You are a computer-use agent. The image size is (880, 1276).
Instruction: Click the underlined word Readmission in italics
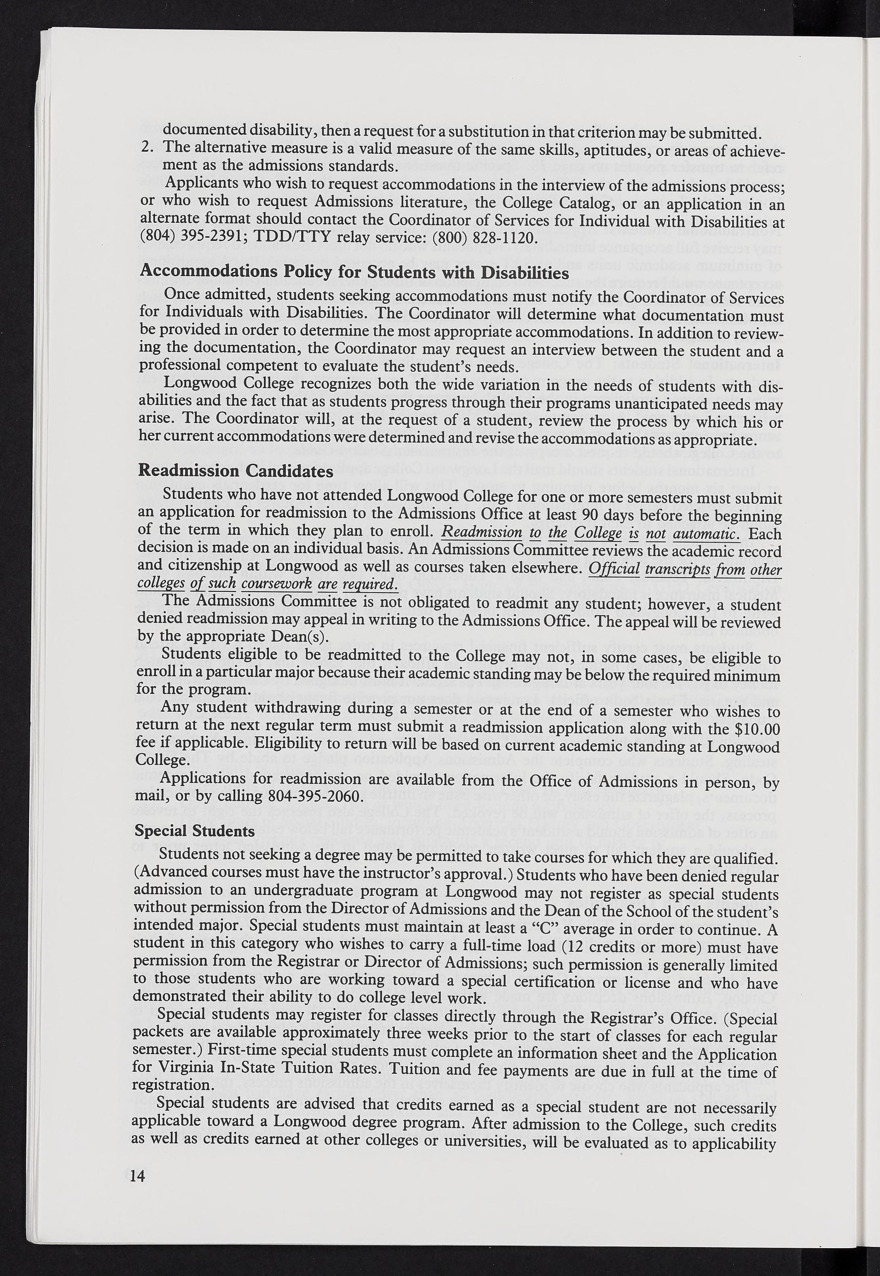pos(482,533)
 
